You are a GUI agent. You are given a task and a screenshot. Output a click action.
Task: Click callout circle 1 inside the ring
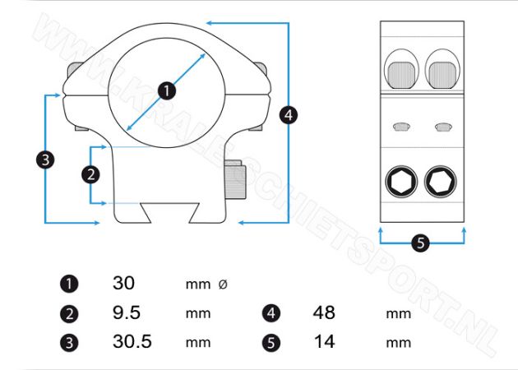pyautogui.click(x=166, y=90)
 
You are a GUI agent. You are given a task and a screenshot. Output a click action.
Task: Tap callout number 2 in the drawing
pyautogui.click(x=90, y=174)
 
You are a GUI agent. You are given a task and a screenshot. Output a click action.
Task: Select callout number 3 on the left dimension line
pyautogui.click(x=45, y=160)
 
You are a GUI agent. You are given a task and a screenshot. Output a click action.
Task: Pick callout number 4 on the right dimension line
pyautogui.click(x=289, y=115)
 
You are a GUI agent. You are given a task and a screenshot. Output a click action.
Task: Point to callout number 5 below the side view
pyautogui.click(x=420, y=243)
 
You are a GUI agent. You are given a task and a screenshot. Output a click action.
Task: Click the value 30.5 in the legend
pyautogui.click(x=132, y=341)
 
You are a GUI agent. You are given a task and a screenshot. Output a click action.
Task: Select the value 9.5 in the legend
pyautogui.click(x=127, y=312)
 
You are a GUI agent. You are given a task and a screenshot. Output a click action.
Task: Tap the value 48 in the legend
pyautogui.click(x=324, y=312)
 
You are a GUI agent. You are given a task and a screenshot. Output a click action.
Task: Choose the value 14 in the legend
pyautogui.click(x=325, y=341)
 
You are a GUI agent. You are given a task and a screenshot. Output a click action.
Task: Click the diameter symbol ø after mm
pyautogui.click(x=223, y=284)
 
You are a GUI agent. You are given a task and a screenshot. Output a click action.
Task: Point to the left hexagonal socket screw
pyautogui.click(x=401, y=182)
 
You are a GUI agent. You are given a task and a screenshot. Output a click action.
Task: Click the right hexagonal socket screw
pyautogui.click(x=441, y=182)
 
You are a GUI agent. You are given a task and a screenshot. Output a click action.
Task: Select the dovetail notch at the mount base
pyautogui.click(x=170, y=212)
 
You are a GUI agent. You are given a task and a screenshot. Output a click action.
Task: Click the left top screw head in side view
pyautogui.click(x=401, y=75)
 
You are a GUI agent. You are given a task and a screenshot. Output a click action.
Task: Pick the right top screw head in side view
pyautogui.click(x=442, y=75)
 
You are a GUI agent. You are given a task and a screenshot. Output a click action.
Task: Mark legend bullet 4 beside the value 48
pyautogui.click(x=271, y=313)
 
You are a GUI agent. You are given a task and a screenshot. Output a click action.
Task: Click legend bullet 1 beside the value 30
pyautogui.click(x=69, y=284)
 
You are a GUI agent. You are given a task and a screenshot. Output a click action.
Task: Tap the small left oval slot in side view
pyautogui.click(x=402, y=127)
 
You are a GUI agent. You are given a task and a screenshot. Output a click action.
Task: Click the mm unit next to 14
pyautogui.click(x=399, y=343)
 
